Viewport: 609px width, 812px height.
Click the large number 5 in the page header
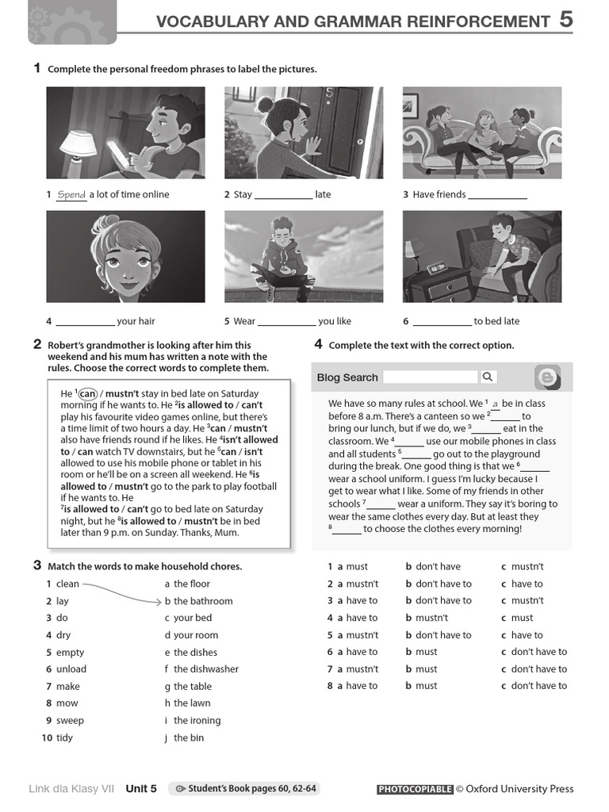[565, 19]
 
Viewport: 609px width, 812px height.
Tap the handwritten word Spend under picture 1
[71, 194]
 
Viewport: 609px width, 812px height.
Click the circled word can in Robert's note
[87, 393]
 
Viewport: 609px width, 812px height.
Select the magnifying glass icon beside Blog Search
[488, 377]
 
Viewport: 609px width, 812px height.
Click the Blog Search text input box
[431, 377]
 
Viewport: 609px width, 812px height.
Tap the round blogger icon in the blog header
[548, 377]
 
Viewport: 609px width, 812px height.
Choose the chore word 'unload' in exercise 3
[71, 669]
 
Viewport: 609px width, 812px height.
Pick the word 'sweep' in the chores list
[70, 721]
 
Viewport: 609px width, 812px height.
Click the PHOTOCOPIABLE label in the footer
[415, 789]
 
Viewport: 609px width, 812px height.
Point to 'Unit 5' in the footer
[141, 789]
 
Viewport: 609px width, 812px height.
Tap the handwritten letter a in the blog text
[496, 404]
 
